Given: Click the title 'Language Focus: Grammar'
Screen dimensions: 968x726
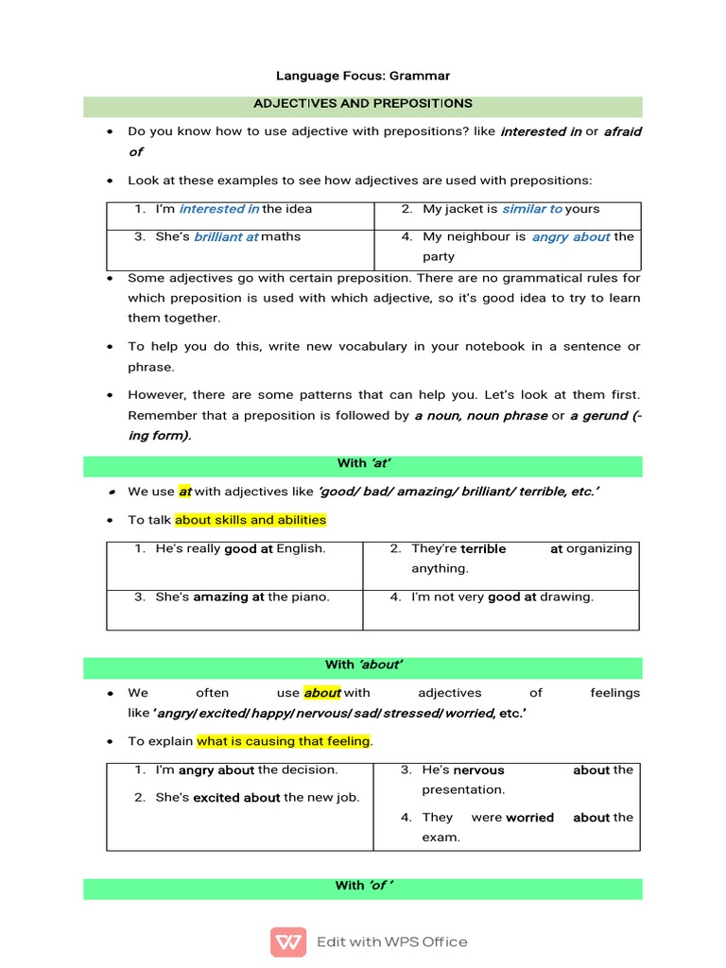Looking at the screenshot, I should click(362, 75).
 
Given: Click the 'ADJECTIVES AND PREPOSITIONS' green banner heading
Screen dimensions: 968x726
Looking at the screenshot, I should click(362, 103).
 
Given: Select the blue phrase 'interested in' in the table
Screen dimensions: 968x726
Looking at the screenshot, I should click(219, 209).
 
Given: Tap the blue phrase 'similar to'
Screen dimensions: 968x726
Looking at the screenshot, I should click(532, 209).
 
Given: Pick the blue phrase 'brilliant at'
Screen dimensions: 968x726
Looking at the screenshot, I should click(226, 236).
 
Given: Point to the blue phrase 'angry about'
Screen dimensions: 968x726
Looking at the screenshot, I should click(571, 236).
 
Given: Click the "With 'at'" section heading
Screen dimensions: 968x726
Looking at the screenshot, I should click(363, 463).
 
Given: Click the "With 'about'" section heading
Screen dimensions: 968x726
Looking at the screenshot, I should click(363, 665).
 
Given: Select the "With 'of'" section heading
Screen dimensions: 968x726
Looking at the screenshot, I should click(363, 886).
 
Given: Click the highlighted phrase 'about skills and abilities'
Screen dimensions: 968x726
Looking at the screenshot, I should click(251, 520).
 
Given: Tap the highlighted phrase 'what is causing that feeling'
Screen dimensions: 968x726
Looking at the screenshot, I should click(284, 741).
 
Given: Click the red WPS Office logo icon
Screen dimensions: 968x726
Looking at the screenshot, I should click(288, 942).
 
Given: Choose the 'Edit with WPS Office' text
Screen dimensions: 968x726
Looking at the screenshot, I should click(391, 942).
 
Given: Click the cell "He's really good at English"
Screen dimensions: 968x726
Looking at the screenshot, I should click(240, 548).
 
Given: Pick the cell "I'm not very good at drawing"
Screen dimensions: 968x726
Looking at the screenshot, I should click(502, 596).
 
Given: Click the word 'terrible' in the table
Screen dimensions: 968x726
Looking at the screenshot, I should click(483, 548).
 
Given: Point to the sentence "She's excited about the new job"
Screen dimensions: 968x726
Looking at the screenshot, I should click(257, 797).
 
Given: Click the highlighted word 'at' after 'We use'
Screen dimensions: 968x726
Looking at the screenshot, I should click(185, 492).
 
